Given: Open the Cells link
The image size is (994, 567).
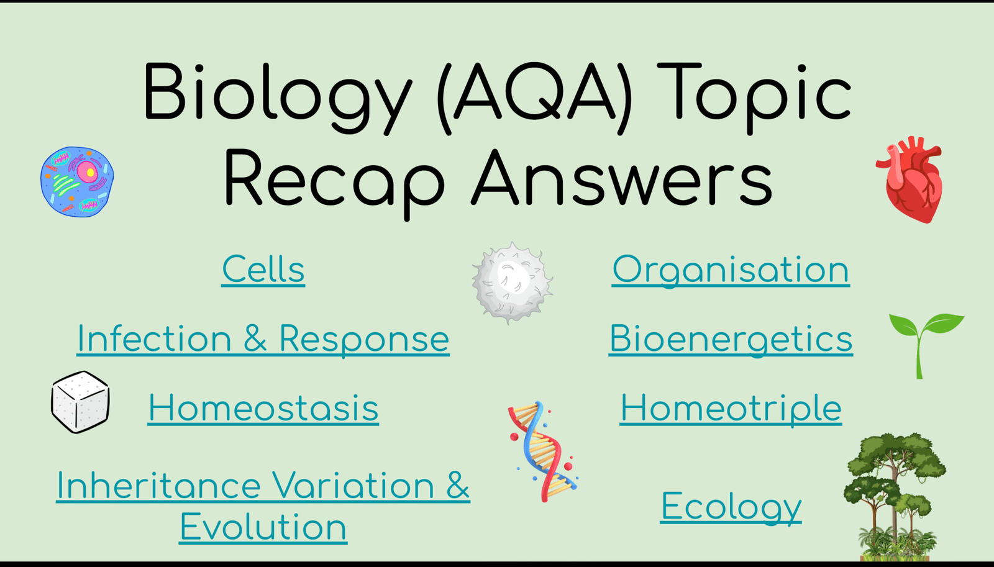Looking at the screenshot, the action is point(263,270).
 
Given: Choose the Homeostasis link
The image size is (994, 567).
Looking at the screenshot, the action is point(263,408).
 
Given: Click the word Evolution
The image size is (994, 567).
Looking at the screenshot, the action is point(263,527).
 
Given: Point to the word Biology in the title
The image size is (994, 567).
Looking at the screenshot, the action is point(277,98).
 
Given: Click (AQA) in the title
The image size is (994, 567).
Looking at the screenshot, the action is point(534,97).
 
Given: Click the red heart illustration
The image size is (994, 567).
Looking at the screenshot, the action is point(910,179).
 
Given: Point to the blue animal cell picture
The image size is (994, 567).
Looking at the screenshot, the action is point(77,182).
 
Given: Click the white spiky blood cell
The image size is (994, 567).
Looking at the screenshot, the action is point(513,282).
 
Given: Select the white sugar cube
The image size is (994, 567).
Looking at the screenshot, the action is point(80,402).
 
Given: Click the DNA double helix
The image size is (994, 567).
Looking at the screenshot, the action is point(542,451).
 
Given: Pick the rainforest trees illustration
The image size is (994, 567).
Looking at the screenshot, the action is point(894,497).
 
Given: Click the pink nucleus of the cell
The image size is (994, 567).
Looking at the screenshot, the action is point(88,171).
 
